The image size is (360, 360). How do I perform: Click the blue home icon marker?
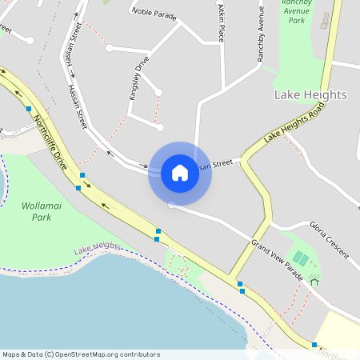pos(179,173)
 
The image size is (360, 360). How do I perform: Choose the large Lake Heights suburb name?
pos(310,94)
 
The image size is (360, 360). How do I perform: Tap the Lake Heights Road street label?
pos(295,125)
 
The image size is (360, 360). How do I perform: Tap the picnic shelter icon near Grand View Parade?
pos(314,281)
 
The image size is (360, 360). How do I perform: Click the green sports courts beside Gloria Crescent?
pos(301,258)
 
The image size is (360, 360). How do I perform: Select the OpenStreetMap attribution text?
pos(81,354)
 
